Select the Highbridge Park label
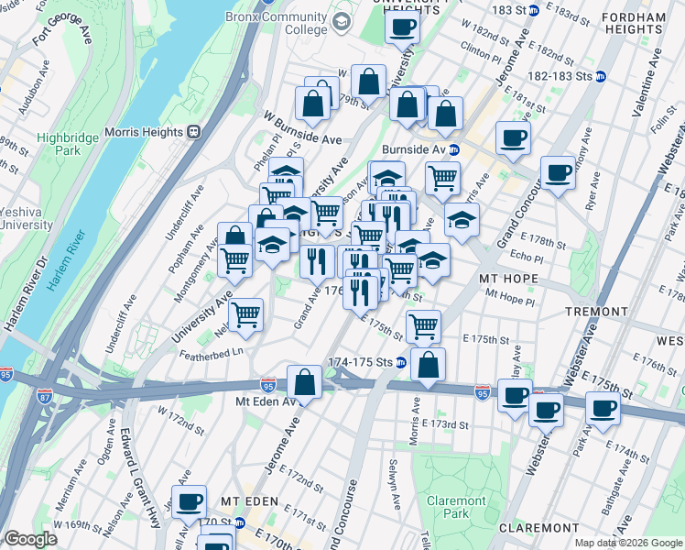[60, 144]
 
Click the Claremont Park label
[455, 508]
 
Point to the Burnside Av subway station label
[416, 148]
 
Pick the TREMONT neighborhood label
[595, 312]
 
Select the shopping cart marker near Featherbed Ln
[245, 314]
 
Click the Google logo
[31, 539]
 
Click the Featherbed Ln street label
[212, 352]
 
